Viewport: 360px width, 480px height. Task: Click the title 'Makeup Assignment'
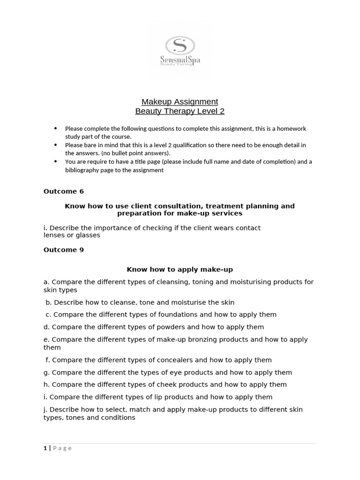tap(180, 102)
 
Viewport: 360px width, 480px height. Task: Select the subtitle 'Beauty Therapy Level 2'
tap(180, 111)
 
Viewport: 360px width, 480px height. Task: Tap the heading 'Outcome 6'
tap(64, 191)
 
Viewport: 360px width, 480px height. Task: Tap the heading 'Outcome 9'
tap(64, 250)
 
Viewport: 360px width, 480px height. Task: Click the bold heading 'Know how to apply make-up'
tap(180, 270)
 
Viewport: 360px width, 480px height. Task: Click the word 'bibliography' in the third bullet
tap(82, 170)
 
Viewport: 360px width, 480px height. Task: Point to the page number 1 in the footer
tap(45, 448)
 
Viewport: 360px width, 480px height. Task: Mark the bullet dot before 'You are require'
tap(56, 161)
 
